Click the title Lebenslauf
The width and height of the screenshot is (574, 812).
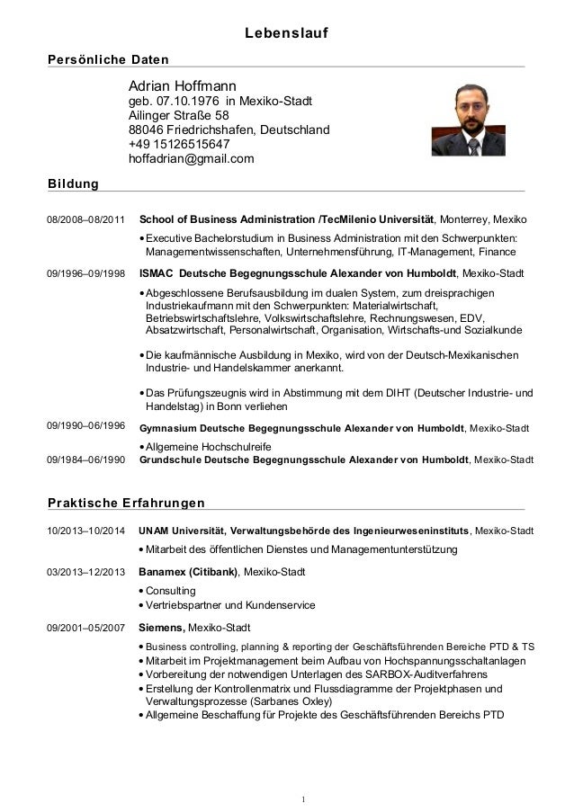287,35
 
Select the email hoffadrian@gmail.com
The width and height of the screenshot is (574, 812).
191,159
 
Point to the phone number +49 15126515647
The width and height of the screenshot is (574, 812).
179,145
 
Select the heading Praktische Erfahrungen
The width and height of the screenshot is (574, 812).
126,501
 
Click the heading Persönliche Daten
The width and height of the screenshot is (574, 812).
108,59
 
